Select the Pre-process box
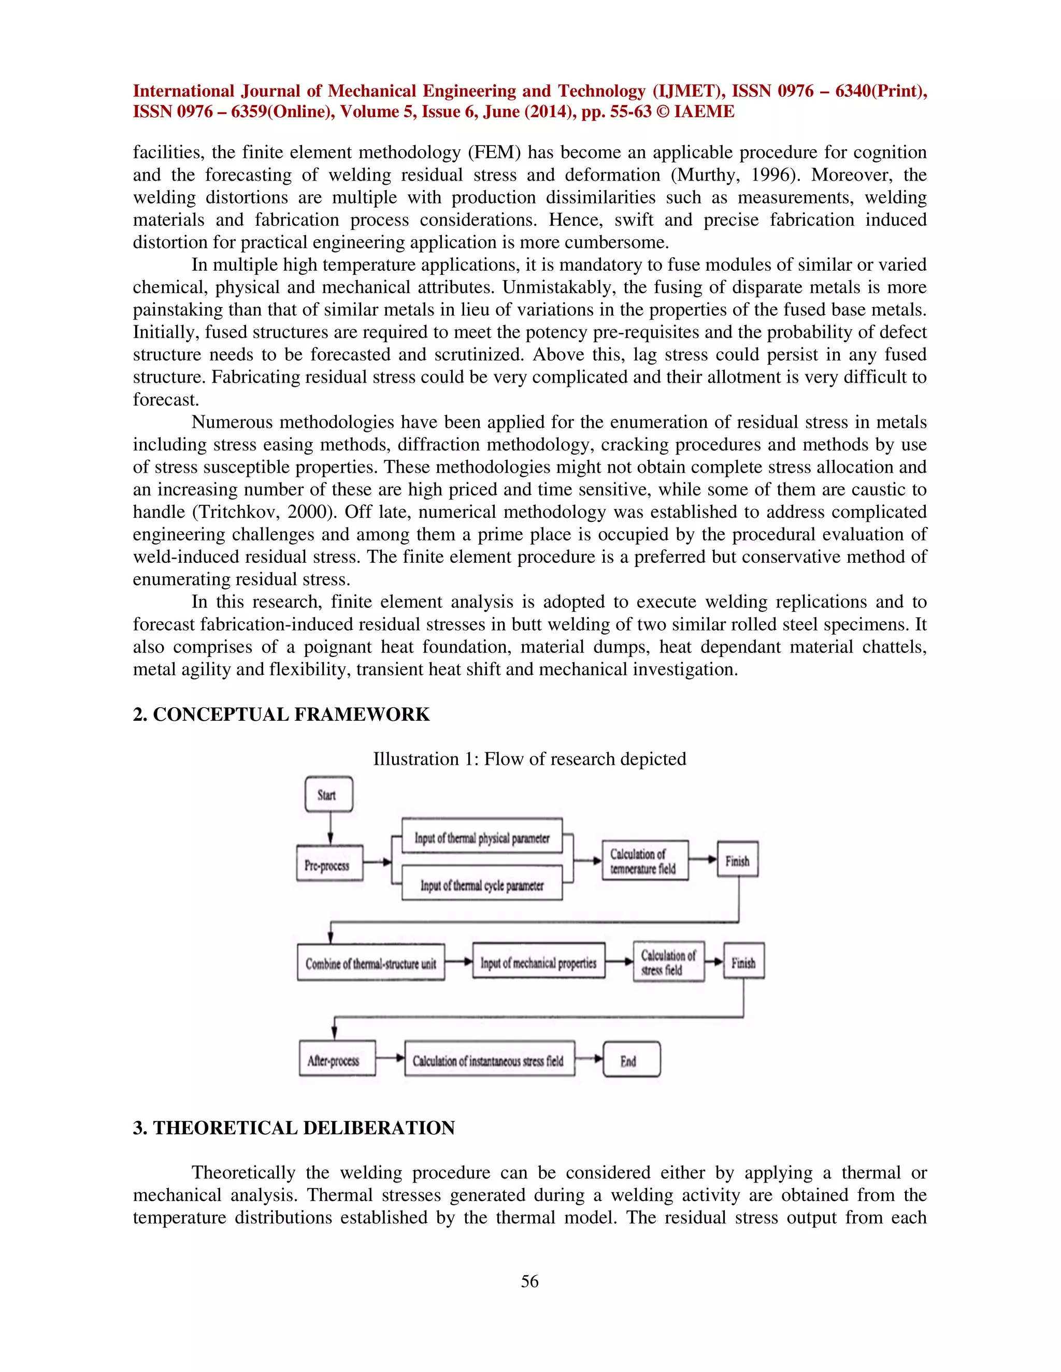pos(329,864)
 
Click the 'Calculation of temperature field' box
pos(645,860)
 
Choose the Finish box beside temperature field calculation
pos(737,859)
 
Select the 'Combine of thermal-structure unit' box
pos(371,962)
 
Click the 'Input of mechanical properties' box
pos(539,961)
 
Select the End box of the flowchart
pos(631,1060)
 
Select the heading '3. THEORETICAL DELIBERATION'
pos(294,1128)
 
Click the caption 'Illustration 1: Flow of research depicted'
pos(529,759)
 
